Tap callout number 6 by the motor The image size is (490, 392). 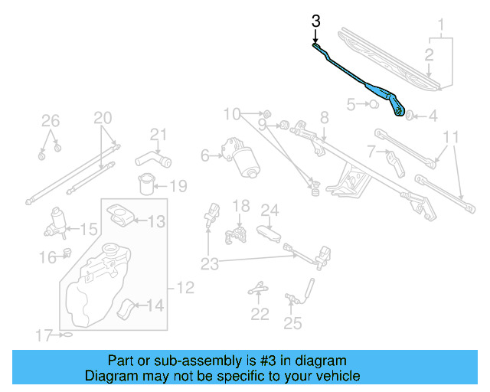205,155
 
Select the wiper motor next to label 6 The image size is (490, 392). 244,156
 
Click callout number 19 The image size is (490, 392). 178,186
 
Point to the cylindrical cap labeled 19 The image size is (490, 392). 146,185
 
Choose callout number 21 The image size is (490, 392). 158,136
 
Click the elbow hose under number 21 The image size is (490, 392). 152,159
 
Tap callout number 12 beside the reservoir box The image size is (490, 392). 185,288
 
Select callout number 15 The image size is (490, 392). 89,229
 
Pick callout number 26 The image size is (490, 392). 50,120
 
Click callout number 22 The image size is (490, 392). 260,313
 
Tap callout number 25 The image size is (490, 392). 292,323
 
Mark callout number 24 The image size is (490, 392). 269,209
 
